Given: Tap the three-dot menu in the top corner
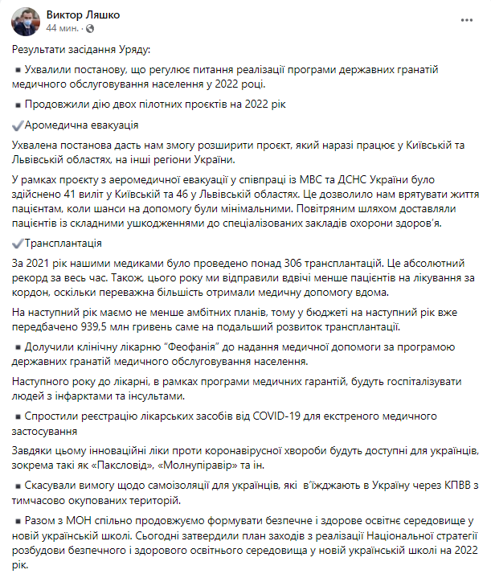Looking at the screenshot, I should point(466,18).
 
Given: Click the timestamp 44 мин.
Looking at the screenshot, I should point(62,28).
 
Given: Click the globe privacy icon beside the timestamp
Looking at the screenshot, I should point(89,29).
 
